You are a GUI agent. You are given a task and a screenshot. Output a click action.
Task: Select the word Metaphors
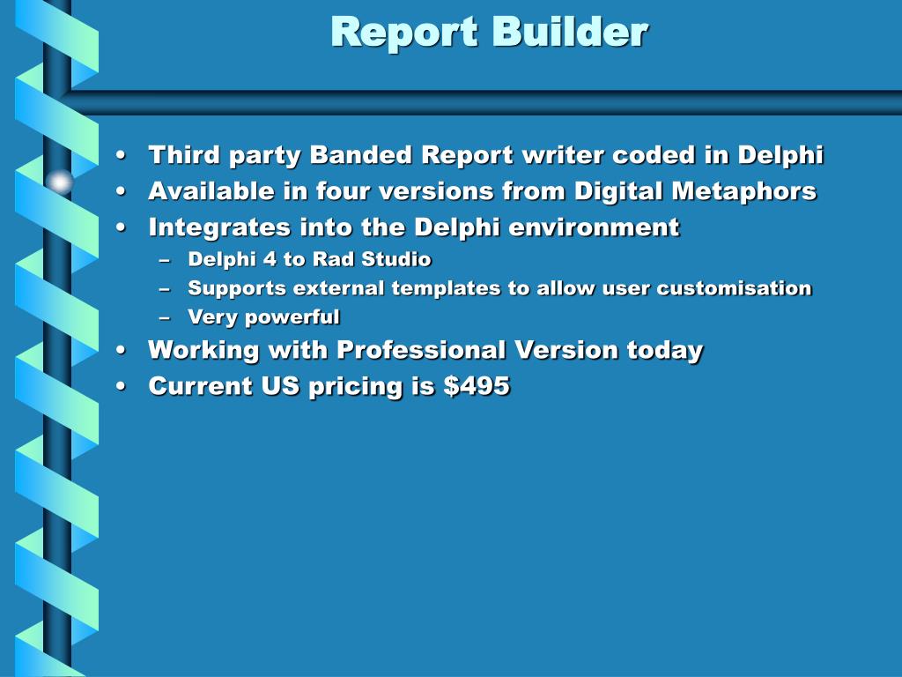click(x=744, y=191)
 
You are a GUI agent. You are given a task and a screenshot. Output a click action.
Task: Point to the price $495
click(x=477, y=386)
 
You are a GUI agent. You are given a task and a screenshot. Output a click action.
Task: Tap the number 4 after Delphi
click(x=270, y=259)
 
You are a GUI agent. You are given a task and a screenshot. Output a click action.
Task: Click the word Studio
click(x=396, y=259)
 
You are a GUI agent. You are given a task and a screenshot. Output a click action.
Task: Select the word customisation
click(x=734, y=288)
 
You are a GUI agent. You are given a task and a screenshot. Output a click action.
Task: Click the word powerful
click(x=292, y=317)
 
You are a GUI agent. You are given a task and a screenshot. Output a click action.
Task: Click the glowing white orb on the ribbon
click(x=59, y=182)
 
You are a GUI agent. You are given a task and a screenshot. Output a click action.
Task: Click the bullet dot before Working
click(x=120, y=350)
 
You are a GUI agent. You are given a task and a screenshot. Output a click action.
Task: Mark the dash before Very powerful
click(x=165, y=317)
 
